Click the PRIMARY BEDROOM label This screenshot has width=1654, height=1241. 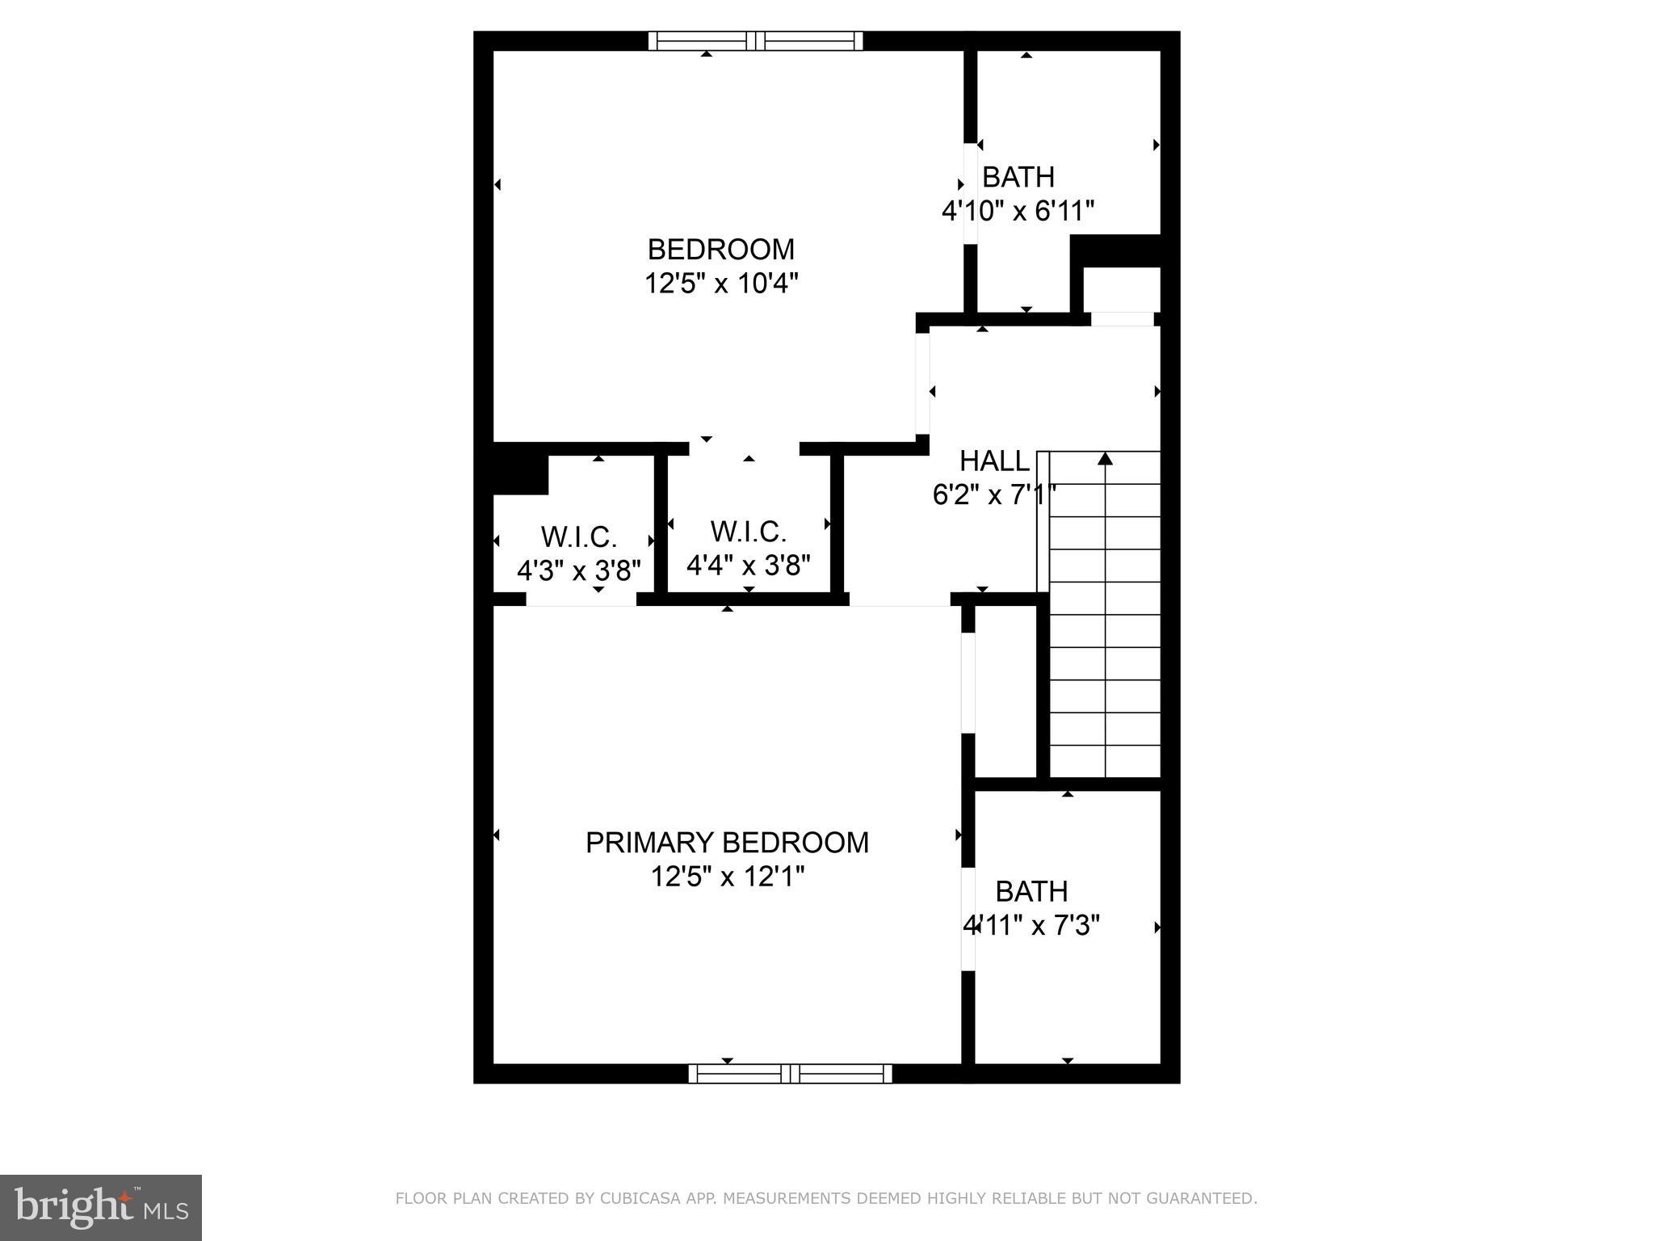coord(727,843)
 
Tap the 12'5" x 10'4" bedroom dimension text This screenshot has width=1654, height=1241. coord(721,284)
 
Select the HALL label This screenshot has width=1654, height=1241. coord(994,461)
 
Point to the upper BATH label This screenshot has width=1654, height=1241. coord(1018,177)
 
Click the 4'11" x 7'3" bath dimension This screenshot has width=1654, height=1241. coord(1031,925)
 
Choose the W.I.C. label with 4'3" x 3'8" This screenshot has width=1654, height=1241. coord(579,536)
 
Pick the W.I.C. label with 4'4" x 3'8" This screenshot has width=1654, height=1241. coord(749,532)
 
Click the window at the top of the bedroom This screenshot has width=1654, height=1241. coord(756,40)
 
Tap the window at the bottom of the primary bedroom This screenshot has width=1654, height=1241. coord(790,1074)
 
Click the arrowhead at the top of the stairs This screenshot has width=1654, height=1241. coord(1105,459)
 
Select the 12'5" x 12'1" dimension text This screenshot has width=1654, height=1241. coord(728,877)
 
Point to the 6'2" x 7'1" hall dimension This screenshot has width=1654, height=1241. coord(994,494)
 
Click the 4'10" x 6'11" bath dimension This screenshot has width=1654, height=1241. coord(1018,212)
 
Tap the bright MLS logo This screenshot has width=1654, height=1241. coord(101,1207)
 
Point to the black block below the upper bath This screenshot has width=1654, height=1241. coord(1115,250)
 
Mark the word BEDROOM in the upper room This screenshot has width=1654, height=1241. coord(721,249)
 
